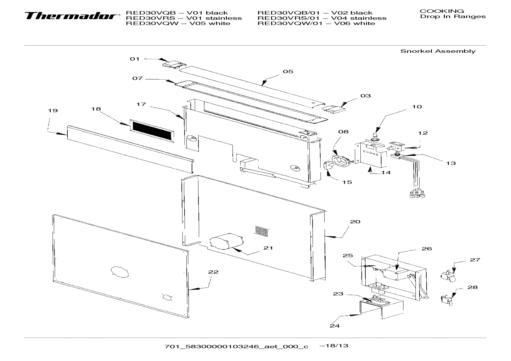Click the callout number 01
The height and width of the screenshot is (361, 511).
click(135, 59)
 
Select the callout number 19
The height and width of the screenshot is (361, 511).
click(53, 111)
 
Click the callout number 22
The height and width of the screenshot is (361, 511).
click(213, 272)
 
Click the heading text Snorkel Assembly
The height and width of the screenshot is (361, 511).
click(438, 51)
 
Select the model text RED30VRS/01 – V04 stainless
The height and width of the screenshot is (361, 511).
click(322, 18)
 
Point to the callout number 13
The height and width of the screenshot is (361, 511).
click(451, 163)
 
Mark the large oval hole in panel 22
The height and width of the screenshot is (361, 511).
click(119, 272)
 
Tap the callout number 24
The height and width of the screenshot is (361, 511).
click(334, 325)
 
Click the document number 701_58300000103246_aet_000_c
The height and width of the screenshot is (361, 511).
click(236, 346)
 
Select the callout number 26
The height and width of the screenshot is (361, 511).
click(427, 249)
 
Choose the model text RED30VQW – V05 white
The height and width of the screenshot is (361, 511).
click(178, 23)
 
